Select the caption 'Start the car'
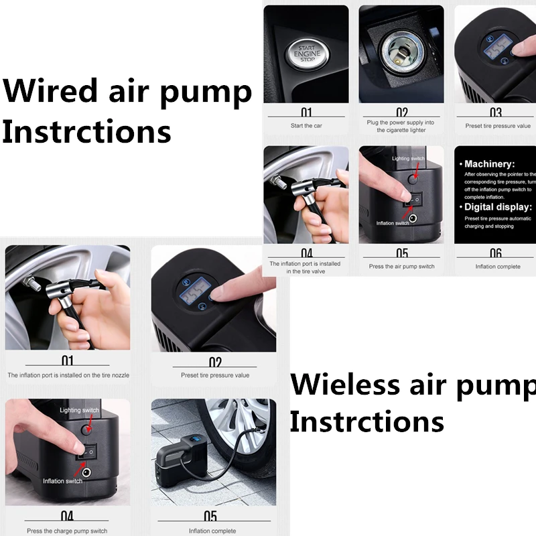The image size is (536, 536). (306, 125)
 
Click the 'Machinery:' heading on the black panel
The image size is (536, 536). (490, 163)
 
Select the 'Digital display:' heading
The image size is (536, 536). (497, 207)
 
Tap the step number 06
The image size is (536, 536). (496, 253)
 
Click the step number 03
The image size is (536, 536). (496, 113)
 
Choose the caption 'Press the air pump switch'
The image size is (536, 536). (401, 266)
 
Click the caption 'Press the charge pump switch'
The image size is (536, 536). (67, 531)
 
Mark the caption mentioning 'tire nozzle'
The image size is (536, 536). (68, 375)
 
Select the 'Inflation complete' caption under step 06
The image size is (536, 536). (498, 266)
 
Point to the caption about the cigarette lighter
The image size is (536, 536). (401, 126)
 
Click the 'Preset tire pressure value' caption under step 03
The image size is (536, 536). (498, 125)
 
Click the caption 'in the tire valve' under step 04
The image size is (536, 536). (306, 271)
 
